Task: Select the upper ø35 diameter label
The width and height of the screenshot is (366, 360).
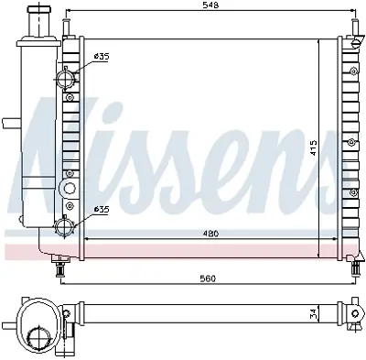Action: tap(101, 58)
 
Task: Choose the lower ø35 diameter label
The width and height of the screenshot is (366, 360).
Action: tap(101, 210)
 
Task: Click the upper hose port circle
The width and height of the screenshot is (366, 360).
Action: tap(66, 80)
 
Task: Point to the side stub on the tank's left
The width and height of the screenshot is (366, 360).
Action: tap(9, 123)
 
